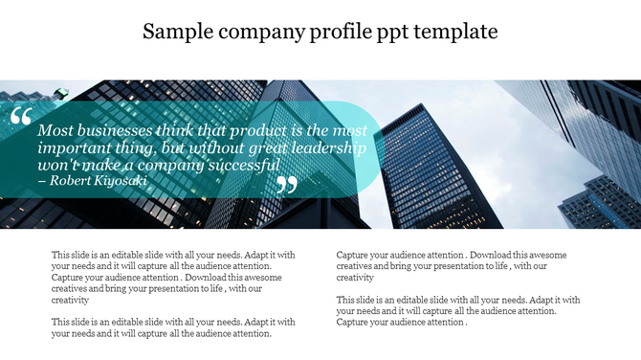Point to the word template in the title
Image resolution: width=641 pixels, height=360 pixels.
coord(464,32)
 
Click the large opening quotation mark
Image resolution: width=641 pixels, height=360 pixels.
coord(21,118)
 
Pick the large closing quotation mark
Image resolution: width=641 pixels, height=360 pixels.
coord(287,184)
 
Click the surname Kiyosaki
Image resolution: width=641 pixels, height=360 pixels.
coord(122,180)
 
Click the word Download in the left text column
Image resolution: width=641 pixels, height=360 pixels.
coord(202,278)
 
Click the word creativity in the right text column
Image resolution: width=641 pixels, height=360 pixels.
coord(354,278)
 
